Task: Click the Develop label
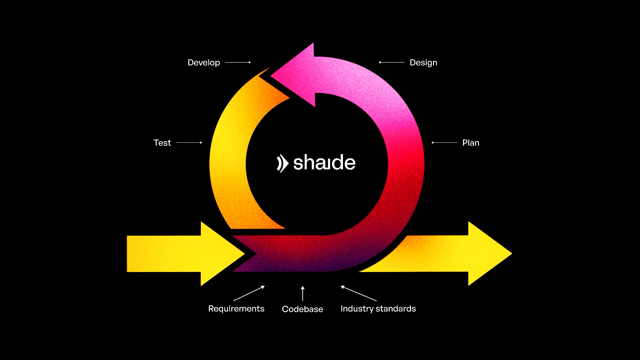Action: coord(204,63)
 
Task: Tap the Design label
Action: coord(423,63)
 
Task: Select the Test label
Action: coord(162,143)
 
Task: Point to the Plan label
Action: coord(471,143)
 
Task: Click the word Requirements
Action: coord(236,309)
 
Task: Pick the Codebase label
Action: coord(302,309)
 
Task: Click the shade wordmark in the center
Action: coord(324,163)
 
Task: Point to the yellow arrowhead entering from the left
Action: coord(220,254)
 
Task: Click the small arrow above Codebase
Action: coord(303,293)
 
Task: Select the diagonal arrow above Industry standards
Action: coord(359,293)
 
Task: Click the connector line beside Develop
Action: coord(238,62)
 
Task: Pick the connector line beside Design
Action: coord(392,62)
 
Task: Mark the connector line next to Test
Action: coord(189,143)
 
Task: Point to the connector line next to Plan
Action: coord(445,143)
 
